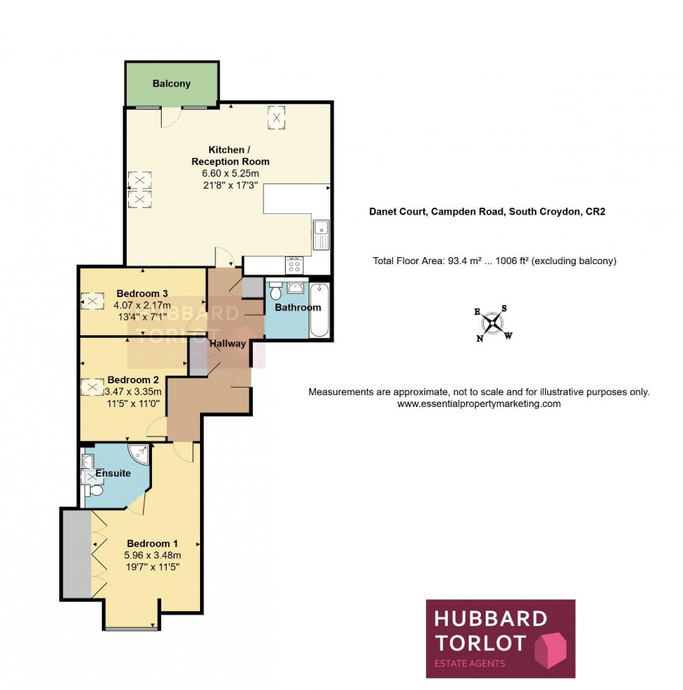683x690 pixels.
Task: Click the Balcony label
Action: tap(171, 84)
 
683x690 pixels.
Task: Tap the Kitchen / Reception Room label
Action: tap(230, 155)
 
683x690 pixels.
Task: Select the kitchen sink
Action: tap(321, 233)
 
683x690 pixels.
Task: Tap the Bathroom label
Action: tap(298, 307)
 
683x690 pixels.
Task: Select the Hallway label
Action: tap(227, 344)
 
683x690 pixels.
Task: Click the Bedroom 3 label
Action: tap(142, 293)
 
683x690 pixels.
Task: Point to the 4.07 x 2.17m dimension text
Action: tap(142, 305)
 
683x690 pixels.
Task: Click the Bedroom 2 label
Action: tap(133, 381)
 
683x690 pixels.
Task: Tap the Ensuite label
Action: tap(113, 473)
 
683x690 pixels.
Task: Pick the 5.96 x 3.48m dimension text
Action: tap(153, 555)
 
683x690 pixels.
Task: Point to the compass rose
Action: tap(493, 323)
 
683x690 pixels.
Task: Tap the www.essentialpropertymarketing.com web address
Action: tap(479, 404)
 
